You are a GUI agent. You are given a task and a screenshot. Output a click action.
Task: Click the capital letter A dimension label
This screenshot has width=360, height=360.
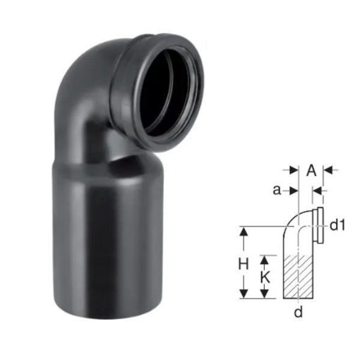pos(311,170)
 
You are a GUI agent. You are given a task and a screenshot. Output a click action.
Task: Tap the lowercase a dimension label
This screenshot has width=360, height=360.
pos(277,191)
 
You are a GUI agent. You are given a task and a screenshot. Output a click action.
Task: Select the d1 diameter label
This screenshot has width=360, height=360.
pos(337,226)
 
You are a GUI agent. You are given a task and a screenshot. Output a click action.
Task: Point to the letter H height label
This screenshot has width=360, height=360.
pos(244,263)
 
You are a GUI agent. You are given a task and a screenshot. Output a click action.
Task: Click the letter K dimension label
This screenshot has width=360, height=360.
pos(265,279)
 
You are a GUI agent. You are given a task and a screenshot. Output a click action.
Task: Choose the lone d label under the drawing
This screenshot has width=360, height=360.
pos(298,312)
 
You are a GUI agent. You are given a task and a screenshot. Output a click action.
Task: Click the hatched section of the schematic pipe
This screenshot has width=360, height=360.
pos(298,277)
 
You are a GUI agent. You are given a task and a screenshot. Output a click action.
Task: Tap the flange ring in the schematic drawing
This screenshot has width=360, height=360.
pos(320,226)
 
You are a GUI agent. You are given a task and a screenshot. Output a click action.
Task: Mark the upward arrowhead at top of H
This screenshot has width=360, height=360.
pos(244,232)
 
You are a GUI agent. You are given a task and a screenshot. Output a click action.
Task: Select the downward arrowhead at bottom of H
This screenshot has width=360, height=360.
pos(244,294)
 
